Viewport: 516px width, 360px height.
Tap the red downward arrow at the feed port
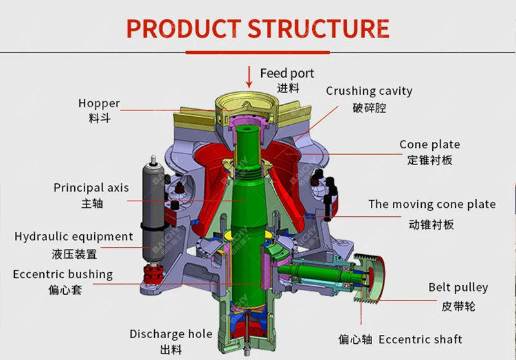click(x=250, y=76)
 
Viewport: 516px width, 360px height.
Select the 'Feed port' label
click(x=287, y=73)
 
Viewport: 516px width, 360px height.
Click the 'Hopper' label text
click(x=99, y=103)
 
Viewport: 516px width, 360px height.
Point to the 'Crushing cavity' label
click(x=369, y=91)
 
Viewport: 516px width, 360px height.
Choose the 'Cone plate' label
click(x=430, y=145)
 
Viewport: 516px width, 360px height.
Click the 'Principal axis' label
click(x=91, y=188)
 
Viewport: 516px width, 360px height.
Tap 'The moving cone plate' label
click(x=432, y=205)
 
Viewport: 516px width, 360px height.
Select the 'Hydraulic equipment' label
click(x=74, y=237)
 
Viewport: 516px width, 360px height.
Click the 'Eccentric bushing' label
click(x=63, y=274)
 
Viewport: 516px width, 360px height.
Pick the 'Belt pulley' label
click(x=458, y=288)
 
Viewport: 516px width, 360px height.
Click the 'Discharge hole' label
click(x=171, y=334)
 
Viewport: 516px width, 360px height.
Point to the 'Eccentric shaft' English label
click(x=420, y=339)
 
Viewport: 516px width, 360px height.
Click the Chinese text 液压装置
click(x=74, y=254)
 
